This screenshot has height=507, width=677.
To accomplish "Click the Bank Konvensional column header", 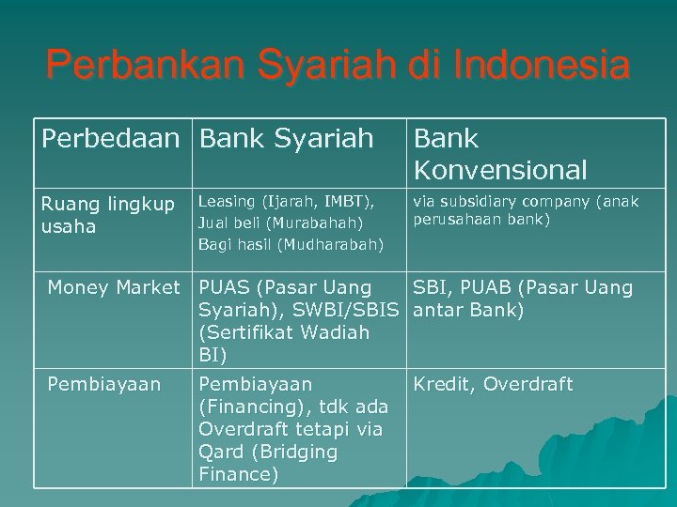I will coord(499,154).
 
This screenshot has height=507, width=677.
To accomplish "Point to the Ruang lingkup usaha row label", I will coord(106,215).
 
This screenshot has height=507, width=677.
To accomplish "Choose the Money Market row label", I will coord(113,287).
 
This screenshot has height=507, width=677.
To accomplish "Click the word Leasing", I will coord(228,201).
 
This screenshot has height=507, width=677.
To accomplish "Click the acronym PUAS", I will coord(225,287).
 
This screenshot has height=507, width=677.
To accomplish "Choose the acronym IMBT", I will coord(348,201).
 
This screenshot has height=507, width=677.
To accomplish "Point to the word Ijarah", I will coord(295,201).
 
